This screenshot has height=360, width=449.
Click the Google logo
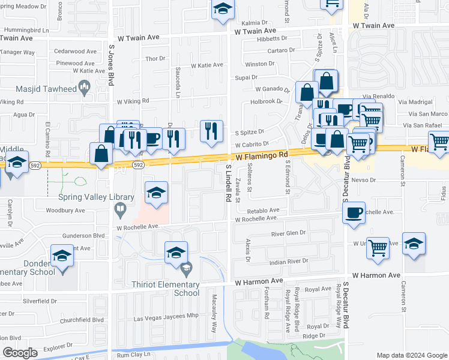(x=20, y=353)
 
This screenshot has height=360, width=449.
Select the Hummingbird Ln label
(x=26, y=29)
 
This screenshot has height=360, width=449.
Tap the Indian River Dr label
(x=288, y=261)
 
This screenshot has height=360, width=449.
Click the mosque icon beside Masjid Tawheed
(x=85, y=89)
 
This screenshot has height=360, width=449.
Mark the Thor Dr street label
(x=155, y=58)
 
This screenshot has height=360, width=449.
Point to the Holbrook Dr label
(x=266, y=101)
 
